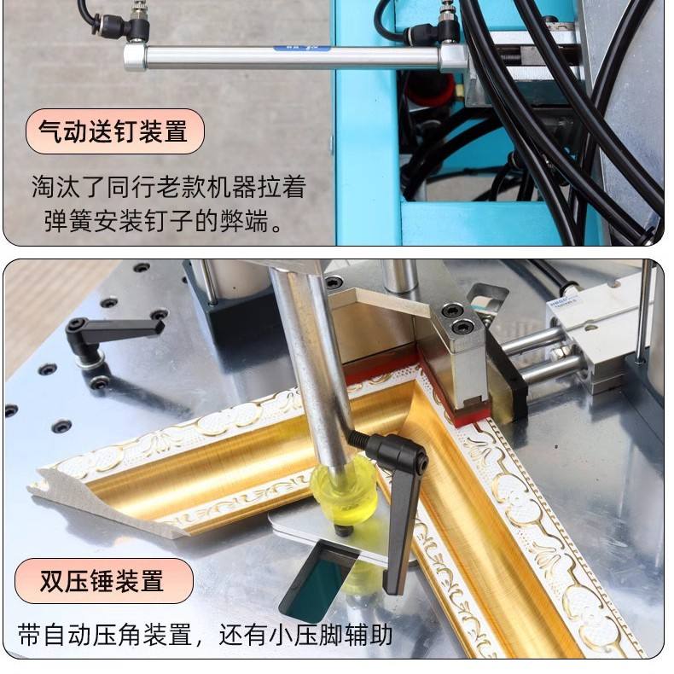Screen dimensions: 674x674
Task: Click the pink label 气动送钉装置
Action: [115, 131]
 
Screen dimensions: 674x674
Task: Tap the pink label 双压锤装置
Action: [103, 581]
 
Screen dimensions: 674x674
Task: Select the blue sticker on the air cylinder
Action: [302, 49]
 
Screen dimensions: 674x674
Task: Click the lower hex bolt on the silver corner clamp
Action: [464, 327]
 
